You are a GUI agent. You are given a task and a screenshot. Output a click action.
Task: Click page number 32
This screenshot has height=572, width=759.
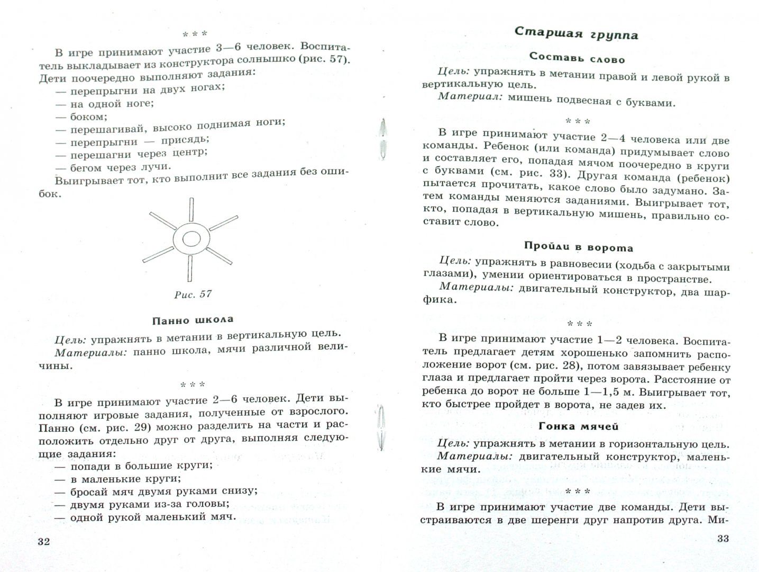(x=44, y=542)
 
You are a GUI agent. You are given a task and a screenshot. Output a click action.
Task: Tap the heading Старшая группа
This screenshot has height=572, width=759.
(x=577, y=34)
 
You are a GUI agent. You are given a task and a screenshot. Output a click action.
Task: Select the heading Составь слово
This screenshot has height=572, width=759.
(x=577, y=59)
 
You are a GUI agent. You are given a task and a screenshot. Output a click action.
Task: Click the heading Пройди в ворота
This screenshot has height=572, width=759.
(x=579, y=247)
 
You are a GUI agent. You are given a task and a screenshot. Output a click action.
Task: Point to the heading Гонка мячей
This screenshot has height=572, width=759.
(x=578, y=425)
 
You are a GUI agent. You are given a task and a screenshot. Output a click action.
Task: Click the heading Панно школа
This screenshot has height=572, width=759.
(x=193, y=320)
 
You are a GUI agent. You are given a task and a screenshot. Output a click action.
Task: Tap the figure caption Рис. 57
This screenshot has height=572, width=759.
(x=193, y=294)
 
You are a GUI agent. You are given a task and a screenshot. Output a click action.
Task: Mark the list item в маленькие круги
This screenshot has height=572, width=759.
(x=125, y=479)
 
